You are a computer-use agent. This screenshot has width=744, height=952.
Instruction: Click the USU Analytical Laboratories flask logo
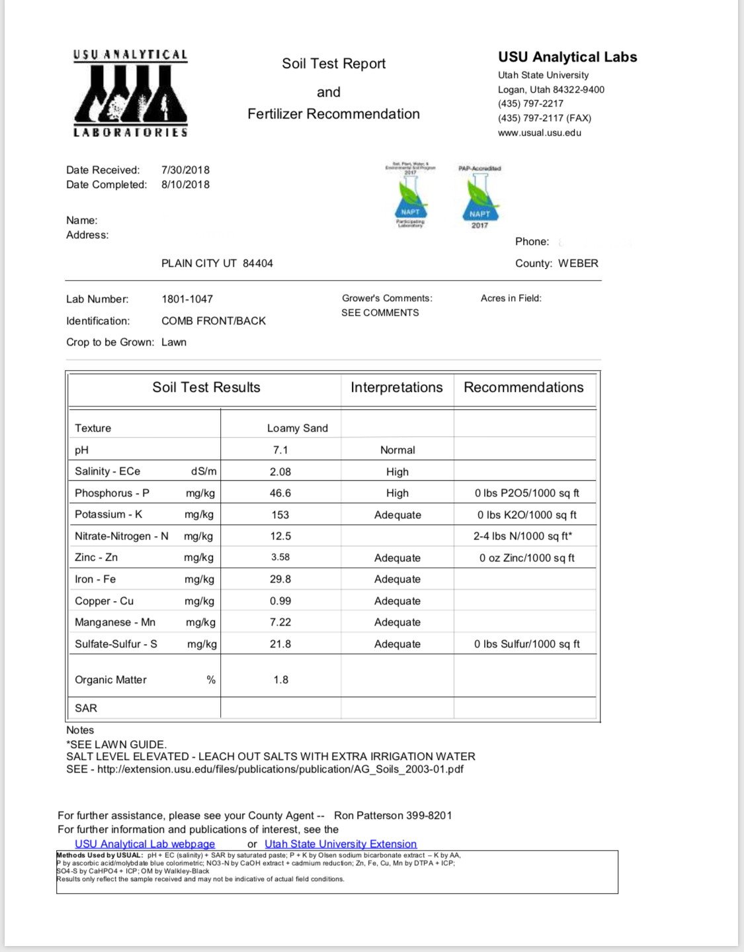[x=130, y=93]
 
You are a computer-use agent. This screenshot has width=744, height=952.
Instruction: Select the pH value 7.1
[x=280, y=450]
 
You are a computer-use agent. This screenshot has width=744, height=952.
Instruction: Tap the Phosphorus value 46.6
[x=280, y=493]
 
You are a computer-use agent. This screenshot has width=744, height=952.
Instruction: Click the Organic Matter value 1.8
[x=280, y=680]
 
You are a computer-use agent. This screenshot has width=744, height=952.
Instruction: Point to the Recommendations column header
[x=523, y=388]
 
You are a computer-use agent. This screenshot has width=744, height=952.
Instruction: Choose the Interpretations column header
[x=396, y=388]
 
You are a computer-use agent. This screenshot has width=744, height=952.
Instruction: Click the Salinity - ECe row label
[x=107, y=471]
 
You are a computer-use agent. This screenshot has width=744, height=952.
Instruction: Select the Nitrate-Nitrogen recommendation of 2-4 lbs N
[x=522, y=536]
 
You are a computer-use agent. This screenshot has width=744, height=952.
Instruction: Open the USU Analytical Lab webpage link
[x=145, y=844]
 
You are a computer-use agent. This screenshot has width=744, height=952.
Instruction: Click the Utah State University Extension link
[x=341, y=844]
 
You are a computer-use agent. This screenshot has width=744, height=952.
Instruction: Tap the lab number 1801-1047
[x=187, y=299]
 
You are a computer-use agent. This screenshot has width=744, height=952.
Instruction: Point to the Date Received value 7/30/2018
[x=185, y=170]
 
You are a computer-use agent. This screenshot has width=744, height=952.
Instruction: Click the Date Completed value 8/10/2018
[x=185, y=185]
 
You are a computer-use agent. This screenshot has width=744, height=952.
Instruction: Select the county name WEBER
[x=578, y=263]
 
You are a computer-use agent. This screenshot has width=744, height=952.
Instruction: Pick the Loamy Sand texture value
[x=297, y=428]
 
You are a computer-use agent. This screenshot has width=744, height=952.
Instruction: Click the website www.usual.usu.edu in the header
[x=540, y=133]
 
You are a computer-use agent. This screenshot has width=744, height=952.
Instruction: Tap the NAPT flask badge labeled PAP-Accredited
[x=480, y=197]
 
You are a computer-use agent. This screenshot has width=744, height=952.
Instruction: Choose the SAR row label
[x=86, y=708]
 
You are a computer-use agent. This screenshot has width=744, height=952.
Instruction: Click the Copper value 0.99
[x=280, y=601]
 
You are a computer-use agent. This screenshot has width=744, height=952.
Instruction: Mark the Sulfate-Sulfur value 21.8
[x=280, y=644]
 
